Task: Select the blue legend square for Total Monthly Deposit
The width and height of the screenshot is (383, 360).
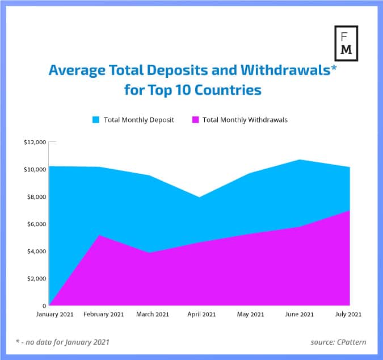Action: coord(95,120)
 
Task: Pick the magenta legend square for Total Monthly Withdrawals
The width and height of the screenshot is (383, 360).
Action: coord(196,120)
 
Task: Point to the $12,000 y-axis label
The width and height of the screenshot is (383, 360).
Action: coord(34,143)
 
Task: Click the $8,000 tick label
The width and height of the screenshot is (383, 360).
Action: coord(35,197)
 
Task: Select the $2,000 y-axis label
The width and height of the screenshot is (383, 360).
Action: coord(35,279)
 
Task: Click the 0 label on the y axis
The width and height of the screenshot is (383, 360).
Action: coord(44,305)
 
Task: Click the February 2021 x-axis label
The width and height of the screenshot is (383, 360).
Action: coord(104,315)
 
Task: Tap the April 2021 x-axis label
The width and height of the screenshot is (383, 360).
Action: coord(201,315)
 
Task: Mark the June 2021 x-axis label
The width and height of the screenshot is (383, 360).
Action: coord(299,315)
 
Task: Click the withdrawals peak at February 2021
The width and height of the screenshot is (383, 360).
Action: coord(100,235)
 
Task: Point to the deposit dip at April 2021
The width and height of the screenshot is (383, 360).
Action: coord(199,197)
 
